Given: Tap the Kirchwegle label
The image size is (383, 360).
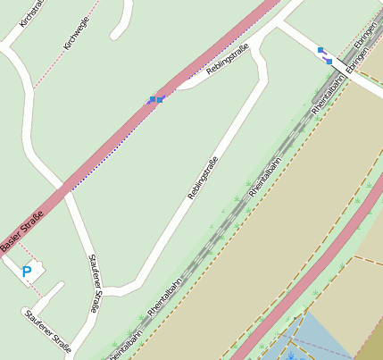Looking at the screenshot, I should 76,36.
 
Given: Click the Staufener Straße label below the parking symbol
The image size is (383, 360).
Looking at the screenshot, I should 47,328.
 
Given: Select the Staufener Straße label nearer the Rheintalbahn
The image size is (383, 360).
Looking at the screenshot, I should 95,283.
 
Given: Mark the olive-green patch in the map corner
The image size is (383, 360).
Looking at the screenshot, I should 371,344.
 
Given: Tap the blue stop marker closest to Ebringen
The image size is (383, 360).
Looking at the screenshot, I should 329,61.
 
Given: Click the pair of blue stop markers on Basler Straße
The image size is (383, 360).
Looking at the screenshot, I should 155,99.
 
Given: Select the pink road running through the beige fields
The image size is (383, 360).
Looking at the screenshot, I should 312,260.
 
